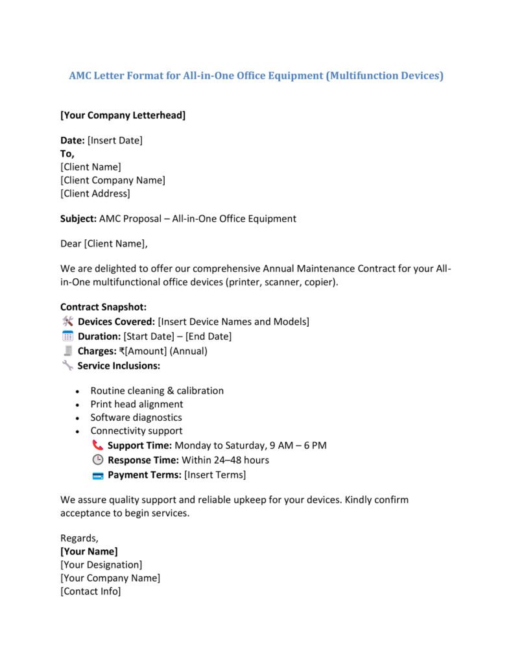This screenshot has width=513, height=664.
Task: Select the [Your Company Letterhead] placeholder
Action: click(x=123, y=115)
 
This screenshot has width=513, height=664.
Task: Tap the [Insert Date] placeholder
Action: click(x=115, y=140)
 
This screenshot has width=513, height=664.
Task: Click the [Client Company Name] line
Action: click(x=113, y=180)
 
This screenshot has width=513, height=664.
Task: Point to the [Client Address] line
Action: click(x=95, y=193)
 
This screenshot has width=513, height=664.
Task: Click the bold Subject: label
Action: click(x=78, y=219)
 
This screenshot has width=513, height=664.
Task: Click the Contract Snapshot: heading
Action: click(x=104, y=307)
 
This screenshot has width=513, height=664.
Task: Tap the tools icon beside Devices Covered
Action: click(x=67, y=322)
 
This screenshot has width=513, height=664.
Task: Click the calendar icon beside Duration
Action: click(x=67, y=336)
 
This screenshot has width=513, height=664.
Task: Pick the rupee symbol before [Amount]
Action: click(x=122, y=351)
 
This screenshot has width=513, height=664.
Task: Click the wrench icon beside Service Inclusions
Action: click(x=67, y=366)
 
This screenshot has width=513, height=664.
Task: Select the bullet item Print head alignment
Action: click(x=137, y=404)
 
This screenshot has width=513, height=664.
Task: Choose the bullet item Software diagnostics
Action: click(x=136, y=418)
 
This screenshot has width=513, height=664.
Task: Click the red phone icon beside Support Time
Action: click(x=98, y=445)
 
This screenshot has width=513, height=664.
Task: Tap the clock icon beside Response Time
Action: click(x=98, y=460)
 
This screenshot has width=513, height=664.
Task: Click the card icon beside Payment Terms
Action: click(x=98, y=475)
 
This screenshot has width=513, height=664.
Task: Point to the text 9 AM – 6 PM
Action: click(x=298, y=445)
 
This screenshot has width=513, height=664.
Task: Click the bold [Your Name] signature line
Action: click(x=89, y=551)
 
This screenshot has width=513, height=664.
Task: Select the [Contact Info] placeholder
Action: click(x=90, y=591)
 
